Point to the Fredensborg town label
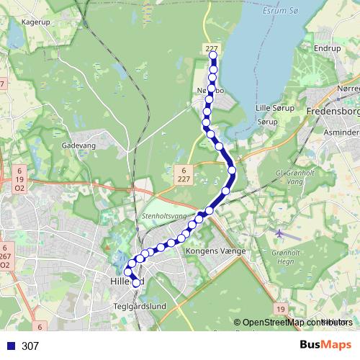(332, 112)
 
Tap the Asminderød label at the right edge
(341, 133)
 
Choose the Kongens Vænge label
(216, 251)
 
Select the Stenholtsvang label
(163, 215)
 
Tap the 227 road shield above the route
(211, 49)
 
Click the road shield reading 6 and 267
(4, 256)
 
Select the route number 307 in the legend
(30, 346)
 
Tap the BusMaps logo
(325, 346)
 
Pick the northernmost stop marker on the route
(213, 55)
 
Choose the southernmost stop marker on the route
(135, 283)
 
